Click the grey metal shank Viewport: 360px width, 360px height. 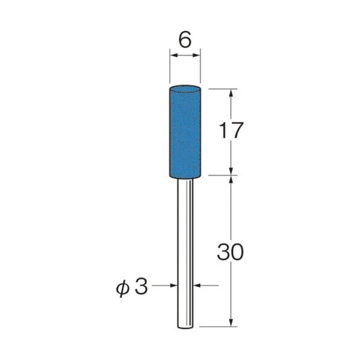185,253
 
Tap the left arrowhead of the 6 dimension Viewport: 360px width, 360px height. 173,56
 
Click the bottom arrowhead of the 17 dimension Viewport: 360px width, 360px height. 231,172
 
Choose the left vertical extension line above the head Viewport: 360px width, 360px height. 170,69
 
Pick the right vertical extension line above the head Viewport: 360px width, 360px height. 200,69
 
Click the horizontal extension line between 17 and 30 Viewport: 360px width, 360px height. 220,176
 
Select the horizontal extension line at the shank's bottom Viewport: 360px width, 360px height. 217,327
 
